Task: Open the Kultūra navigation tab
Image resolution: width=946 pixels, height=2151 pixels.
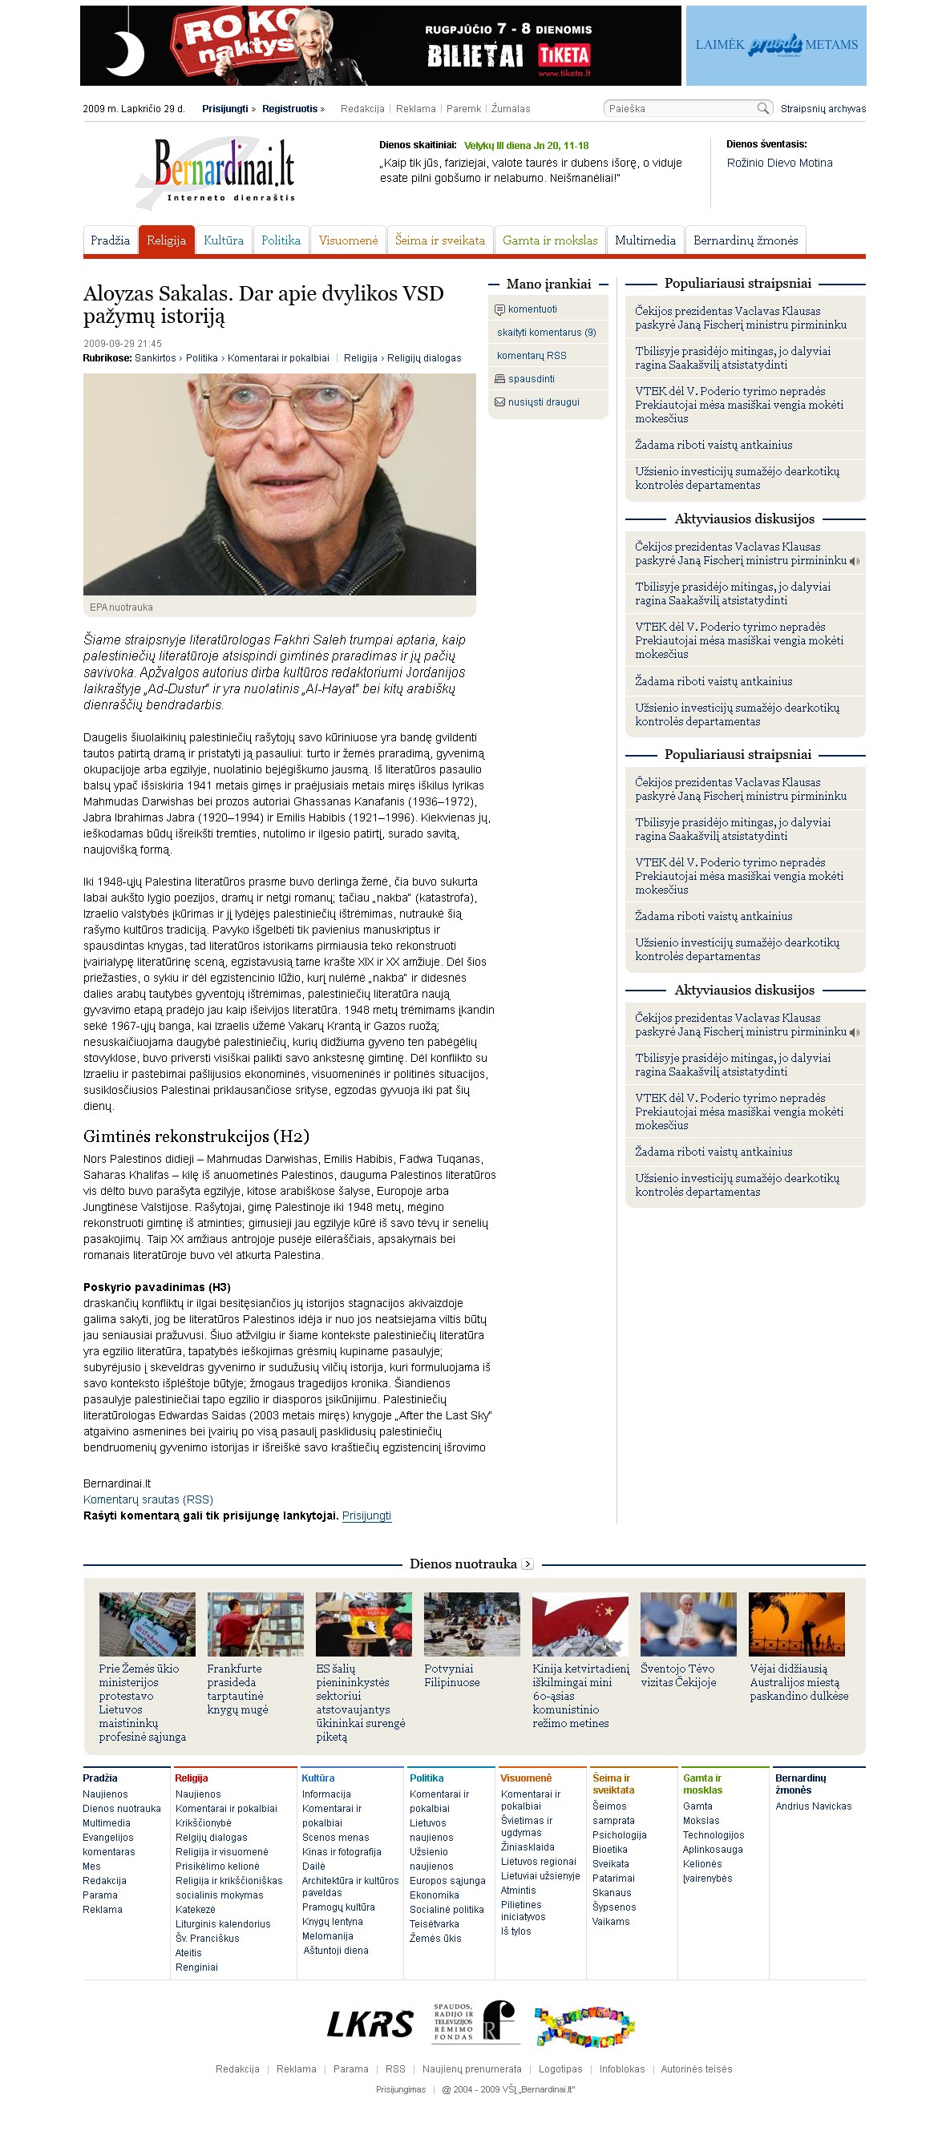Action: point(223,240)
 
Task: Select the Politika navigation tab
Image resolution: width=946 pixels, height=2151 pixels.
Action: point(281,240)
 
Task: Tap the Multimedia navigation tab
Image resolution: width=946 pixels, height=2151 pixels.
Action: point(645,240)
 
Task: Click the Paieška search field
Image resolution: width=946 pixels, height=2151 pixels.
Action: point(681,108)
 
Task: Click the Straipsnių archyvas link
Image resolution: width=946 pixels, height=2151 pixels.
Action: point(823,108)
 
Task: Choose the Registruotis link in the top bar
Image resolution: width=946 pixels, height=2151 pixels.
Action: point(289,108)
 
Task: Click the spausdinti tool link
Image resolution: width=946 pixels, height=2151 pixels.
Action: point(531,379)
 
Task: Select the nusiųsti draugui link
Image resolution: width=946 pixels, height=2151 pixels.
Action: point(544,402)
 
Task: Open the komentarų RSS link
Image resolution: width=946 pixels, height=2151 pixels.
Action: point(531,356)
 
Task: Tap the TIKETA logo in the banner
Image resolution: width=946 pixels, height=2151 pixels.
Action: point(564,56)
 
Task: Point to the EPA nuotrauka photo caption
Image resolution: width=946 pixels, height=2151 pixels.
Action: point(121,607)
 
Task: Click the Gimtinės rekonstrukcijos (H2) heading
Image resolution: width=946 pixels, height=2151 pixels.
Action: point(196,1136)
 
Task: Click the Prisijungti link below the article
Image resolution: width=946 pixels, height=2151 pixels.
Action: point(366,1515)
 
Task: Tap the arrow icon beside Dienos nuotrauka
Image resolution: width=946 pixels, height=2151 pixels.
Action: point(527,1564)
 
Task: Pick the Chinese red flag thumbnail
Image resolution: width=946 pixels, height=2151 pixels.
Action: point(580,1624)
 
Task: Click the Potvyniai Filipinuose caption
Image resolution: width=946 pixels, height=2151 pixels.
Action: point(451,1675)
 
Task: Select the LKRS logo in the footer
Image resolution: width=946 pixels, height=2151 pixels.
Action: point(370,2024)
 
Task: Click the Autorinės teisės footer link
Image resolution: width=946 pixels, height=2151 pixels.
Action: point(697,2068)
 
